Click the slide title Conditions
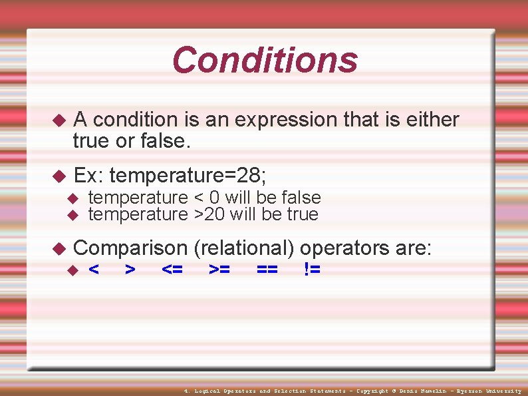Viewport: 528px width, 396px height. pos(265,60)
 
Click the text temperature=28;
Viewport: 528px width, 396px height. pos(188,176)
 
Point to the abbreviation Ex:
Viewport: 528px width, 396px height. pos(88,176)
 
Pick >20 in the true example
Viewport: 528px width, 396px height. pos(205,214)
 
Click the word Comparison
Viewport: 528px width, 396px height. pos(131,248)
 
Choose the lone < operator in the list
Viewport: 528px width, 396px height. pos(94,270)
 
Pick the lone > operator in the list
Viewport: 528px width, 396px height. pos(131,270)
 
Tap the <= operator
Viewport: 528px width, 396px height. pos(173,270)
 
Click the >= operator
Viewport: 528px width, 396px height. pos(220,270)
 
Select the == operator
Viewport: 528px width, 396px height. pos(267,270)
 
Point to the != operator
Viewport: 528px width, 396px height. pos(311,270)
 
